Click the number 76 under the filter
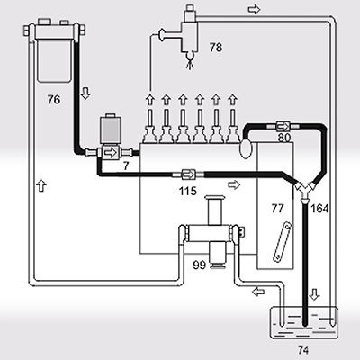coord(54,100)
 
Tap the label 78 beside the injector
coord(216,48)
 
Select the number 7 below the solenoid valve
coord(126,166)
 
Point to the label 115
coord(187,191)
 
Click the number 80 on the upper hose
coord(283,139)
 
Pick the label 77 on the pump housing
coord(277,208)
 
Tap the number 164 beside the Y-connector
coord(319,209)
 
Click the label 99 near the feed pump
coord(199,265)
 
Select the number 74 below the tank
coord(303,349)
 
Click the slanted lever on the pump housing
coord(283,242)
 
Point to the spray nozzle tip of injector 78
coord(190,61)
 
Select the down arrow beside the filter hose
coord(85,94)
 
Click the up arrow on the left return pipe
coord(41,185)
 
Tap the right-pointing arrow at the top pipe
coord(254,10)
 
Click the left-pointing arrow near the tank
coord(258,292)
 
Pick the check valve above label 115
coord(189,174)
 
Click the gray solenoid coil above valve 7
coord(112,130)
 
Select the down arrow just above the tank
coord(314,294)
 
